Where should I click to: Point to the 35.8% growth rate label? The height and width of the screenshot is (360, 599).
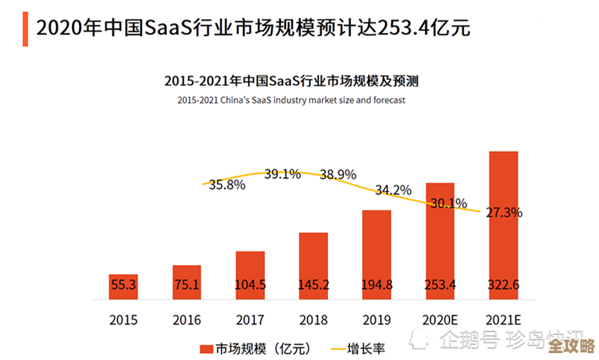click(226, 185)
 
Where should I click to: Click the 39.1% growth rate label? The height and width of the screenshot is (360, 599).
click(282, 174)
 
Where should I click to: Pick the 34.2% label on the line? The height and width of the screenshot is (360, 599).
click(393, 189)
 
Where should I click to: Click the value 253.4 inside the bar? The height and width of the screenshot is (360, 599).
click(440, 285)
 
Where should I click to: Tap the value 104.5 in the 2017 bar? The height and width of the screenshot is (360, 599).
click(250, 285)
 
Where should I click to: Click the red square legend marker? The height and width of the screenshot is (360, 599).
click(204, 349)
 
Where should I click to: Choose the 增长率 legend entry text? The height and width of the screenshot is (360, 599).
click(366, 349)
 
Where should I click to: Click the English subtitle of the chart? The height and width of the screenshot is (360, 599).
click(292, 99)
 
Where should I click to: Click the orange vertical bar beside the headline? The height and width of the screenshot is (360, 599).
click(26, 28)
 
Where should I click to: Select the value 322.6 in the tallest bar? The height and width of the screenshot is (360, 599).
click(503, 285)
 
